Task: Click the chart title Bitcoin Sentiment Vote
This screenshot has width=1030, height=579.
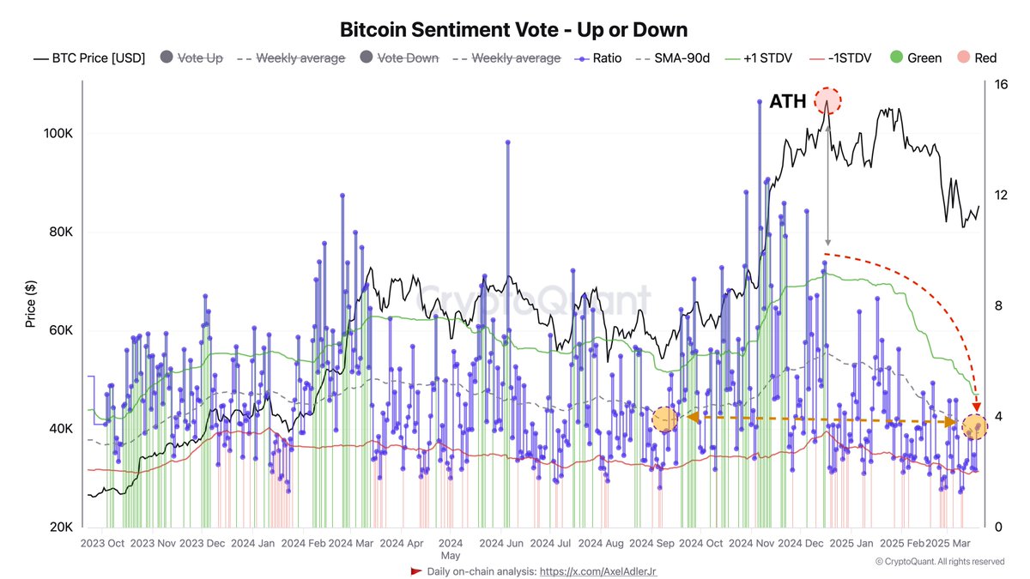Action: click(x=514, y=30)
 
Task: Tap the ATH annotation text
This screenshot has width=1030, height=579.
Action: click(x=787, y=102)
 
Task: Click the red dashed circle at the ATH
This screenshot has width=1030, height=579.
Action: click(x=827, y=100)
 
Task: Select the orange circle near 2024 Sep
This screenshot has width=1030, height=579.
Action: click(x=665, y=420)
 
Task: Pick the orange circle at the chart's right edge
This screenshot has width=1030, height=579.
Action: click(x=974, y=425)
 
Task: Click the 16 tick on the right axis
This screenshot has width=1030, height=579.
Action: click(x=999, y=84)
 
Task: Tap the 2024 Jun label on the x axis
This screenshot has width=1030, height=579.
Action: click(x=501, y=544)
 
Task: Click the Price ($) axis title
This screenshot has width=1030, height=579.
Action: click(x=31, y=305)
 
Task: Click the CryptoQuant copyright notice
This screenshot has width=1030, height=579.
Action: click(x=940, y=562)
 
